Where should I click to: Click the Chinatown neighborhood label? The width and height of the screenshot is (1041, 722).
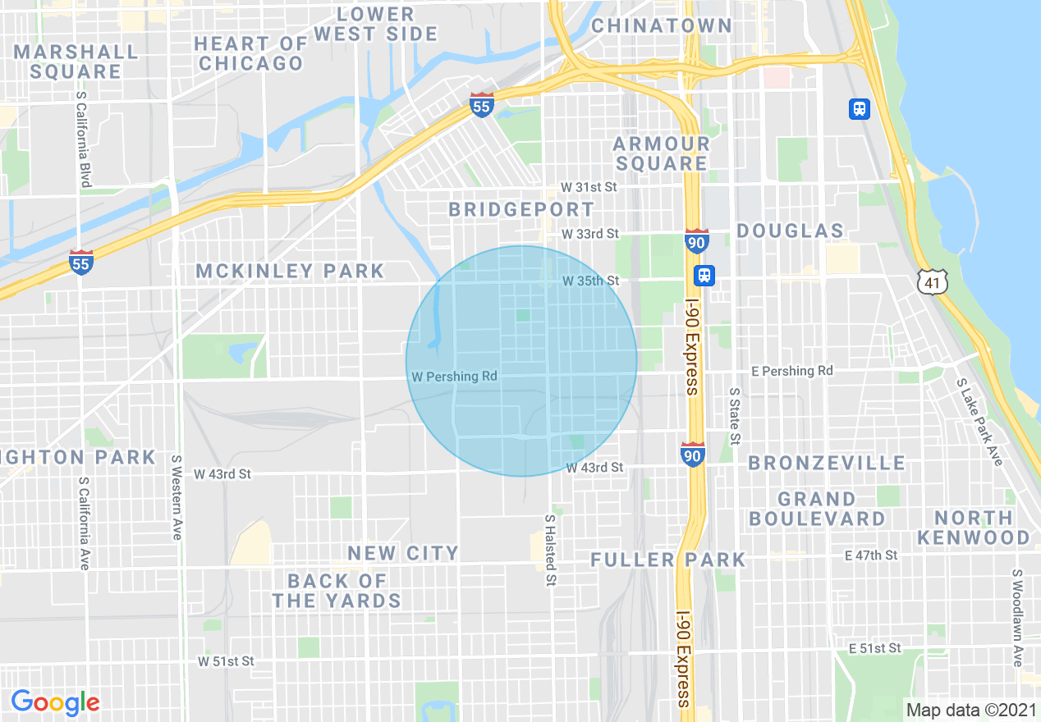661,26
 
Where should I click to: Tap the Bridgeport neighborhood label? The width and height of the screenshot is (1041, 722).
520,210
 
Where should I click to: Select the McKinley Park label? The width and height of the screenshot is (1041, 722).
290,271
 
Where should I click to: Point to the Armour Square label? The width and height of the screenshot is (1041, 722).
661,153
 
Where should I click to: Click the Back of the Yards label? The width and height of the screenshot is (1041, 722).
337,591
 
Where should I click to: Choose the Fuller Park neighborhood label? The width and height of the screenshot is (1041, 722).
668,560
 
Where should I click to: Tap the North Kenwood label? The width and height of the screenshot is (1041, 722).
974,528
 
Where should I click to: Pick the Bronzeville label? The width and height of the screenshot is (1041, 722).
827,464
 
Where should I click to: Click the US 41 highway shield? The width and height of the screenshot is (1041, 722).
933,281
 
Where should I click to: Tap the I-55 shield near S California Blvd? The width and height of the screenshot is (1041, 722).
80,262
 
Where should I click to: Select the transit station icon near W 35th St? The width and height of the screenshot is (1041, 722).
704,275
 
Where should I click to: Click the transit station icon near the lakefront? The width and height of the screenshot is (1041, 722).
860,108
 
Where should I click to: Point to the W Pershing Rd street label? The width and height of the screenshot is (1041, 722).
454,377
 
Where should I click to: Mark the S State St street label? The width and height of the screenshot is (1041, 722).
735,417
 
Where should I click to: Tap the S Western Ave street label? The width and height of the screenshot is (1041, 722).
177,497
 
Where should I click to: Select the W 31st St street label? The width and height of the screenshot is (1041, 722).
588,188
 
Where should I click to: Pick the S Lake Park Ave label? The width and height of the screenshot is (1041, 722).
979,422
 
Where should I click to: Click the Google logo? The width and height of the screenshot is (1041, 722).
55,702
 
